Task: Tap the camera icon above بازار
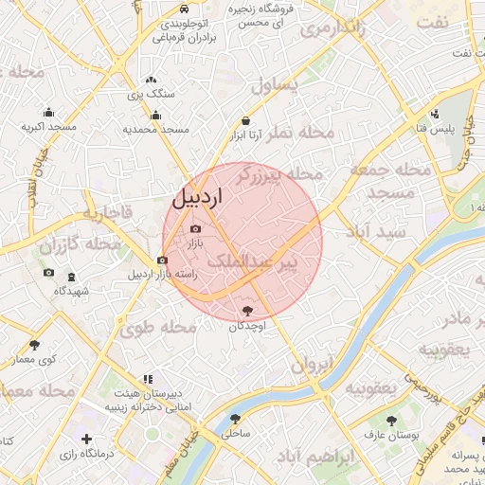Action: click(196, 229)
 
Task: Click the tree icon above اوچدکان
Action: click(248, 310)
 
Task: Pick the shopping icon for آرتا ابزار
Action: click(246, 121)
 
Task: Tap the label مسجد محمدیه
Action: click(156, 128)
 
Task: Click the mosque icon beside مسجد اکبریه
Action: click(49, 113)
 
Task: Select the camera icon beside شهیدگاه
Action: click(48, 274)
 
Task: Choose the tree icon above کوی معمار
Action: click(35, 345)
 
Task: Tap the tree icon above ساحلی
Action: click(235, 419)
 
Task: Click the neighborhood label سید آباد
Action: click(376, 231)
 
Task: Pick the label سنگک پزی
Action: click(152, 95)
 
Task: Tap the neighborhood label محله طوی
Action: click(157, 328)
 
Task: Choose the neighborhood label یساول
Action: click(276, 85)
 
